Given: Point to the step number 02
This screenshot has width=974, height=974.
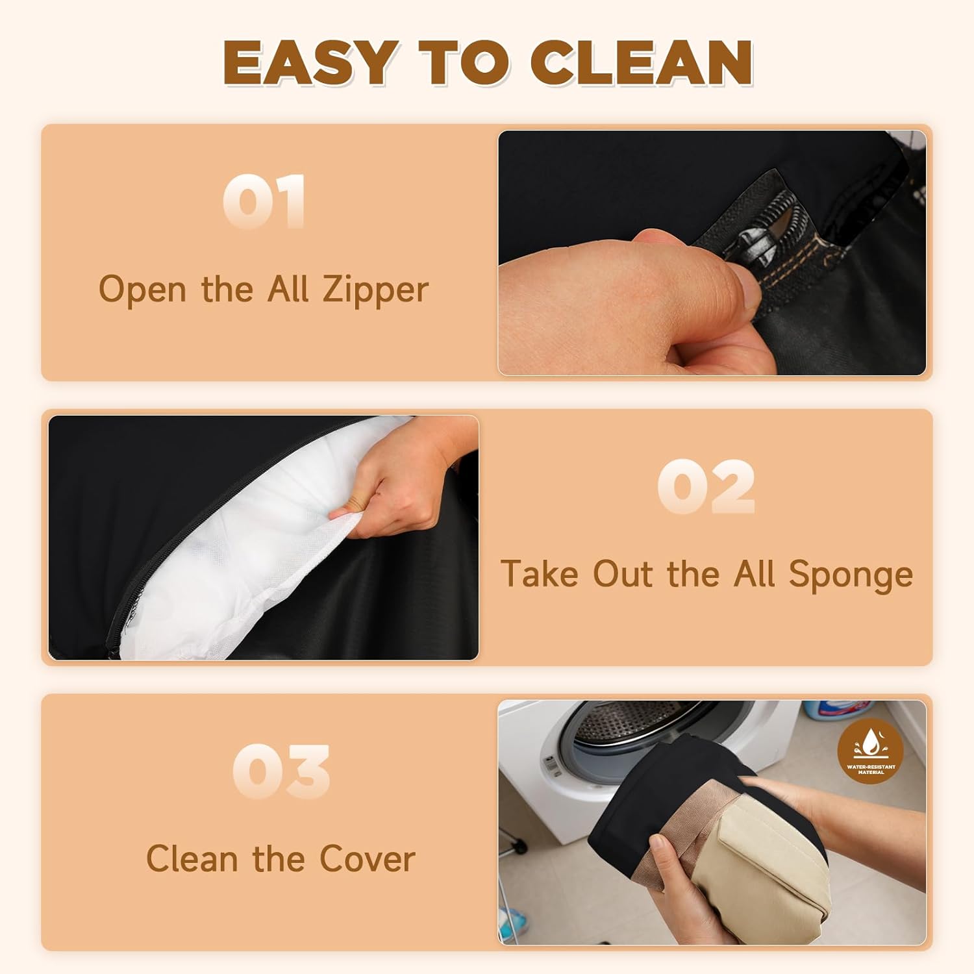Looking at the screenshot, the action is tap(706, 486).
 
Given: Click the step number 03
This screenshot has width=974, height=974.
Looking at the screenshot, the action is tap(281, 771).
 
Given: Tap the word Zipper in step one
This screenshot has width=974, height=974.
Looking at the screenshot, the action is tap(375, 290).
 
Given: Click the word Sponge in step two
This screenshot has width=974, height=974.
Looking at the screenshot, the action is tap(850, 575).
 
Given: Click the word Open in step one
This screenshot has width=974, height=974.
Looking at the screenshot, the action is tap(142, 290).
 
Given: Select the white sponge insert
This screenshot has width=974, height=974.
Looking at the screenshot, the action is tap(260, 552).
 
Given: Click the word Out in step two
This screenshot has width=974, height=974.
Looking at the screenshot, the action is tap(623, 574).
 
